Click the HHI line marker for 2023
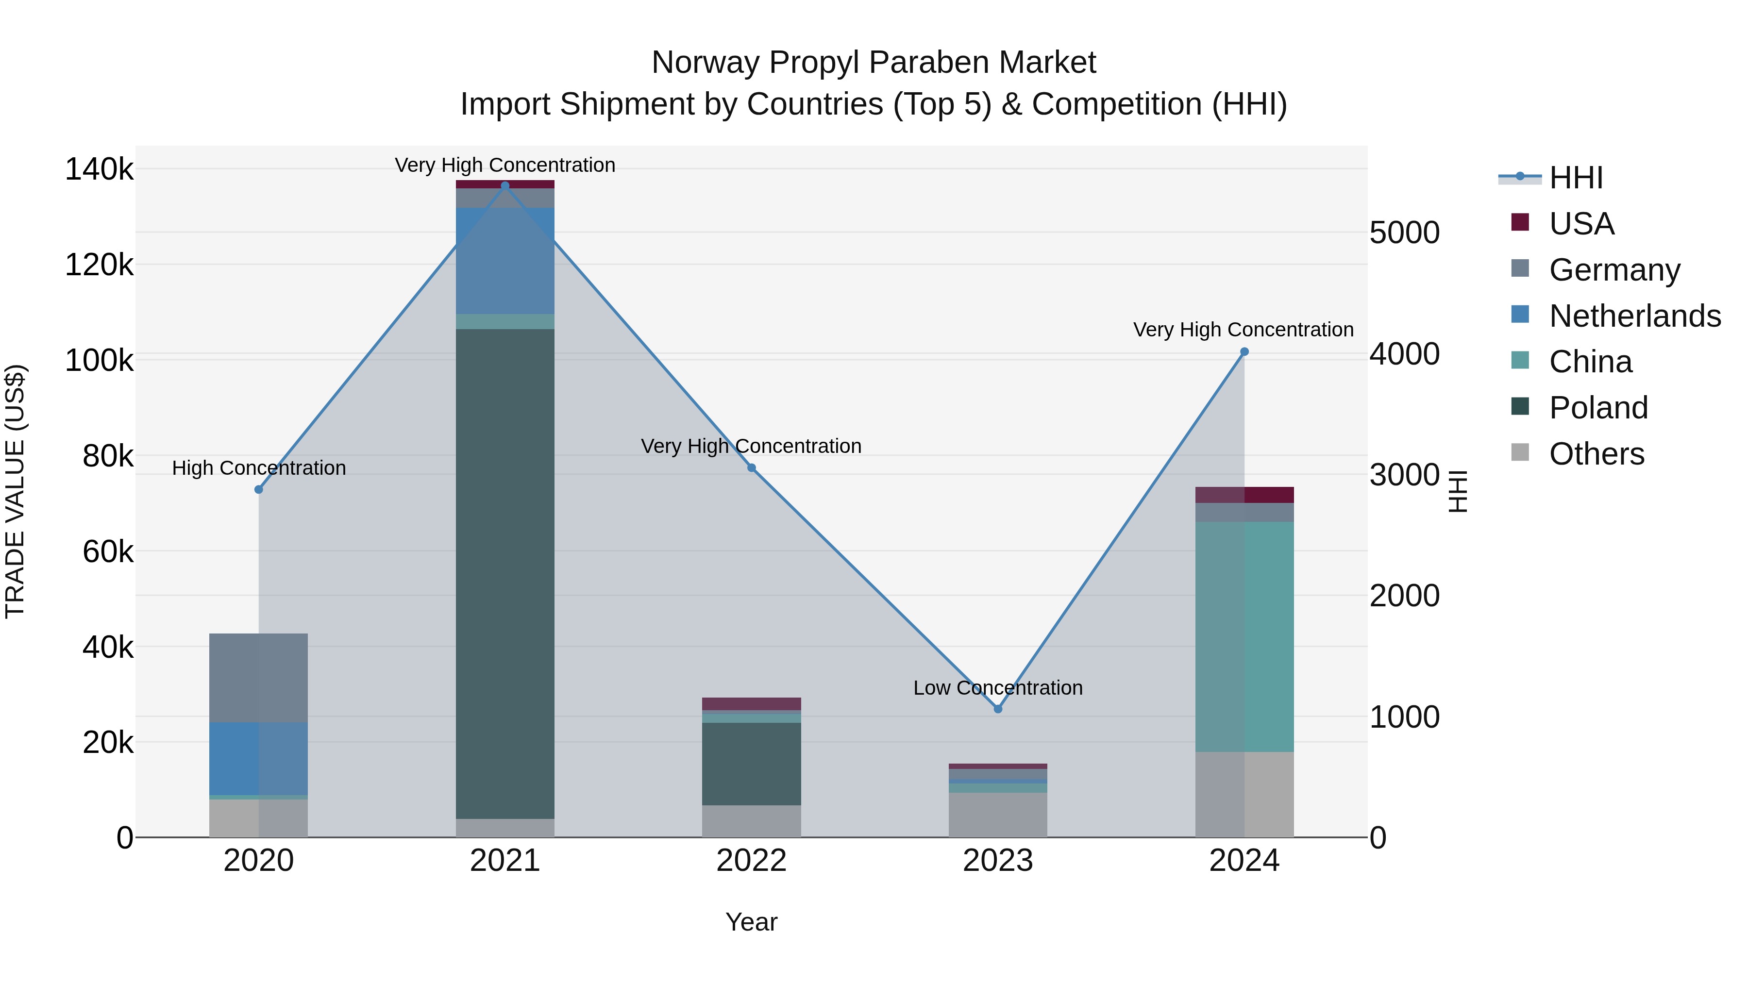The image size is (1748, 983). click(x=997, y=708)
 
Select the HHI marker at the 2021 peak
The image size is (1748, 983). click(x=505, y=185)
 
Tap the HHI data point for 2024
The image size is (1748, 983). click(x=1244, y=351)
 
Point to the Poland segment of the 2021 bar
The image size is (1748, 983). click(x=505, y=573)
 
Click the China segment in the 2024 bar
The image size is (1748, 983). click(x=1244, y=636)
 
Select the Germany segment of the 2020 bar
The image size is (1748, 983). click(x=258, y=678)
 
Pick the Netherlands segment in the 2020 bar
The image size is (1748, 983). click(x=258, y=758)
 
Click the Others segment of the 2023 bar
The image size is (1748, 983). click(x=997, y=814)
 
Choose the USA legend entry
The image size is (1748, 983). click(x=1581, y=223)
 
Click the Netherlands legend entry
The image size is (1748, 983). click(x=1634, y=316)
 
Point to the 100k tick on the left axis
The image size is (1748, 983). click(x=99, y=360)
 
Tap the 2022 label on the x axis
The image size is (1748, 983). click(x=751, y=861)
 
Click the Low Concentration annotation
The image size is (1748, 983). click(x=997, y=687)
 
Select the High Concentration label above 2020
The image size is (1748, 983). click(x=258, y=467)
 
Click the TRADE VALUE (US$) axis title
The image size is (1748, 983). click(x=16, y=491)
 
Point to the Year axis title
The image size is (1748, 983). click(x=751, y=922)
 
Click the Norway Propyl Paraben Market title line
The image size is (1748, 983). click(x=874, y=63)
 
